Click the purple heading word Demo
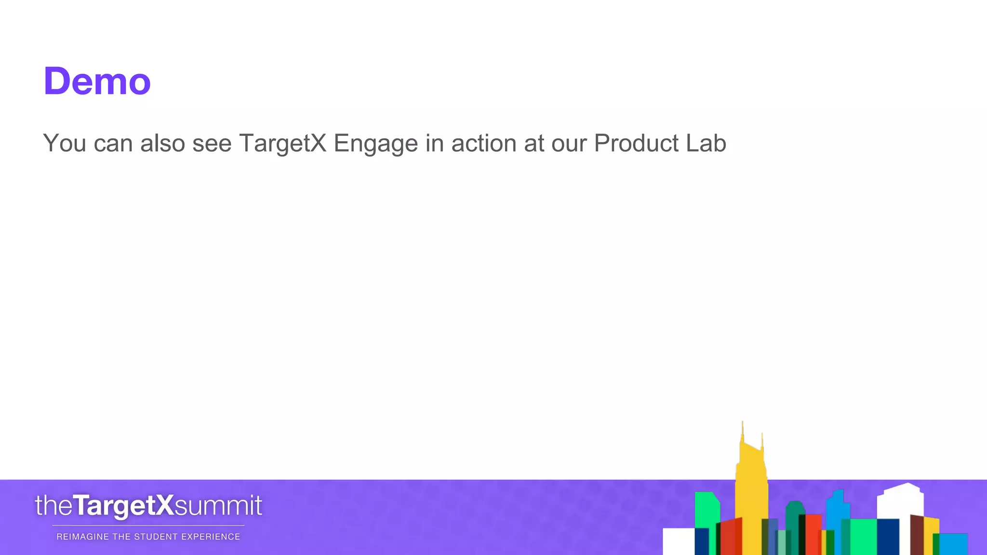tap(97, 81)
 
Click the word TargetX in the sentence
tap(282, 144)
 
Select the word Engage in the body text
tap(375, 144)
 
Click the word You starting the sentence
tap(65, 143)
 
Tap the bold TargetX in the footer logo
tap(123, 506)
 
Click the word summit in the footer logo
tap(218, 506)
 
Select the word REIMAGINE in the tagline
tap(83, 537)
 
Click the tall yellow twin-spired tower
tap(751, 491)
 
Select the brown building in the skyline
tap(917, 535)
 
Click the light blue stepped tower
tap(838, 511)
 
